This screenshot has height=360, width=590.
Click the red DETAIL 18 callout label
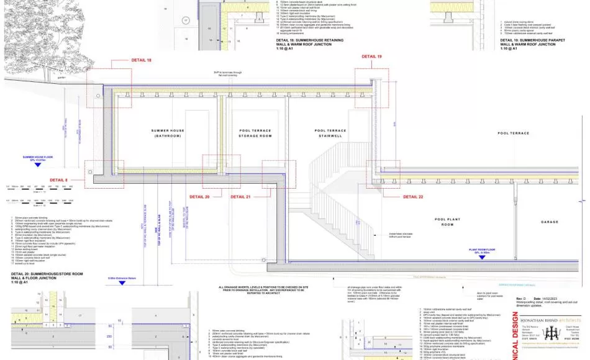tap(141, 60)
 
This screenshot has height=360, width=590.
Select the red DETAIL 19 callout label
tap(372, 56)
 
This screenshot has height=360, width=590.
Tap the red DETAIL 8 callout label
tap(58, 180)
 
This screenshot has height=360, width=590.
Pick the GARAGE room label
tap(550, 222)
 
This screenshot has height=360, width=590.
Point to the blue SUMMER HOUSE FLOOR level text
tap(39, 158)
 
